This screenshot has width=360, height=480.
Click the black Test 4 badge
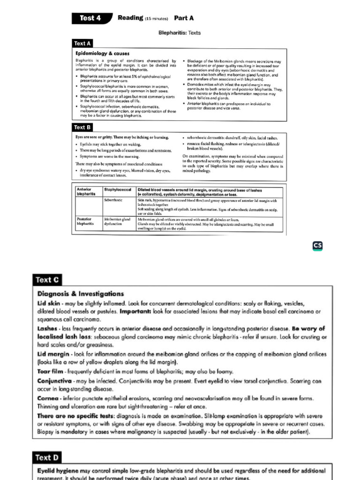(92, 18)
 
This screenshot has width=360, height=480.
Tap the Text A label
(82, 44)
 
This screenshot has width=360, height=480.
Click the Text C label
(47, 280)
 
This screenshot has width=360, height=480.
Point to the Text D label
(47, 457)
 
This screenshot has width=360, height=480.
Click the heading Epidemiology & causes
(102, 53)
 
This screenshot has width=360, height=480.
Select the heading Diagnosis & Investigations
(81, 294)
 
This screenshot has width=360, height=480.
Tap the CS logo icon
(318, 246)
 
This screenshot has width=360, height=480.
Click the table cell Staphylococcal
(117, 190)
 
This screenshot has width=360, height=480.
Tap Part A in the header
(184, 18)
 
